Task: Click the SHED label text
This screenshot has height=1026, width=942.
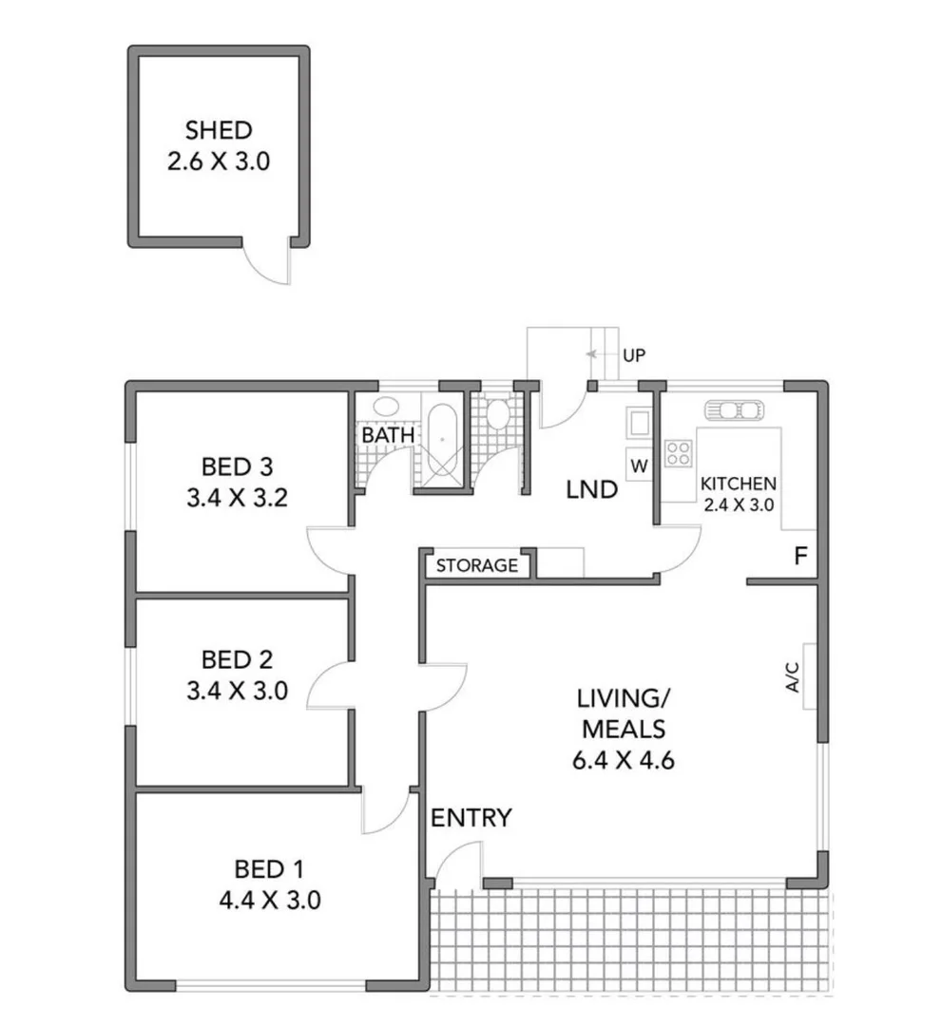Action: click(x=218, y=130)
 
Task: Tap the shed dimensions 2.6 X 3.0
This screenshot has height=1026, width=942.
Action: click(x=218, y=161)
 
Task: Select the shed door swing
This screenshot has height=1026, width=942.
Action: click(x=267, y=263)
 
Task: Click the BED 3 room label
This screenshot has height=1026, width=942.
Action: click(x=237, y=466)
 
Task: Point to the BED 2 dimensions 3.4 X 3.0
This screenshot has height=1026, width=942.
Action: click(x=237, y=691)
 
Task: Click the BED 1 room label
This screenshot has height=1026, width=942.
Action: click(x=269, y=868)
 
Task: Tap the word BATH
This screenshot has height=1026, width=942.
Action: click(x=388, y=435)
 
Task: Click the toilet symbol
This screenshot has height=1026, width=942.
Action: click(x=496, y=413)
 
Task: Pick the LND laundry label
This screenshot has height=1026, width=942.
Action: click(x=591, y=491)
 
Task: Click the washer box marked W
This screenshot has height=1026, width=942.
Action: click(x=638, y=465)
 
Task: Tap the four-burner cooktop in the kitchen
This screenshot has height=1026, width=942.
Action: click(x=678, y=453)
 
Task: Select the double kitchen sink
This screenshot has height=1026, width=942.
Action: click(x=732, y=410)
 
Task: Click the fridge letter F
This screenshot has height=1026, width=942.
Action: click(x=800, y=557)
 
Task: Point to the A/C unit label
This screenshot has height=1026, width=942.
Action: click(x=792, y=675)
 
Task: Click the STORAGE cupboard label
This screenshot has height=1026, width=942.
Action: click(x=476, y=566)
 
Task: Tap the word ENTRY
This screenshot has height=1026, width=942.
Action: click(x=471, y=818)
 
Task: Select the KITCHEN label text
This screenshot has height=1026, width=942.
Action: click(x=738, y=484)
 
